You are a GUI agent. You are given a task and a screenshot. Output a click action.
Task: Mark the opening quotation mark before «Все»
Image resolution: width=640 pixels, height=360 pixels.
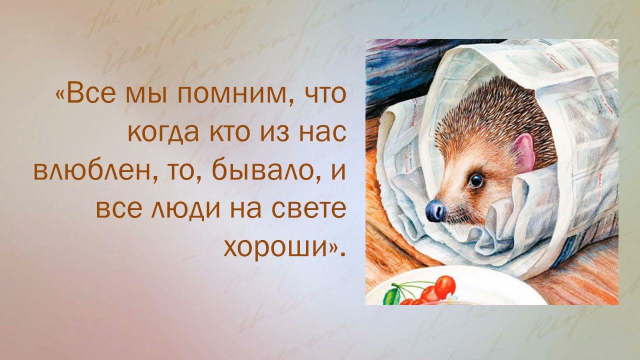[x=60, y=94]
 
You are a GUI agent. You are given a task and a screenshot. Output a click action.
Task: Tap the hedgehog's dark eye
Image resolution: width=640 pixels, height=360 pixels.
[x=476, y=180]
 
